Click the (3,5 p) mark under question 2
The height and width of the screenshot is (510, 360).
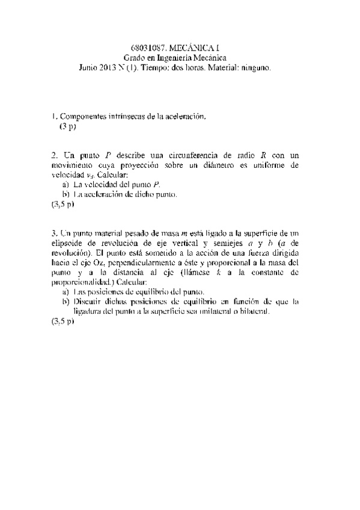[x=63, y=204]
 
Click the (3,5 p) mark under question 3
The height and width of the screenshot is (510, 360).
[x=63, y=322]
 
